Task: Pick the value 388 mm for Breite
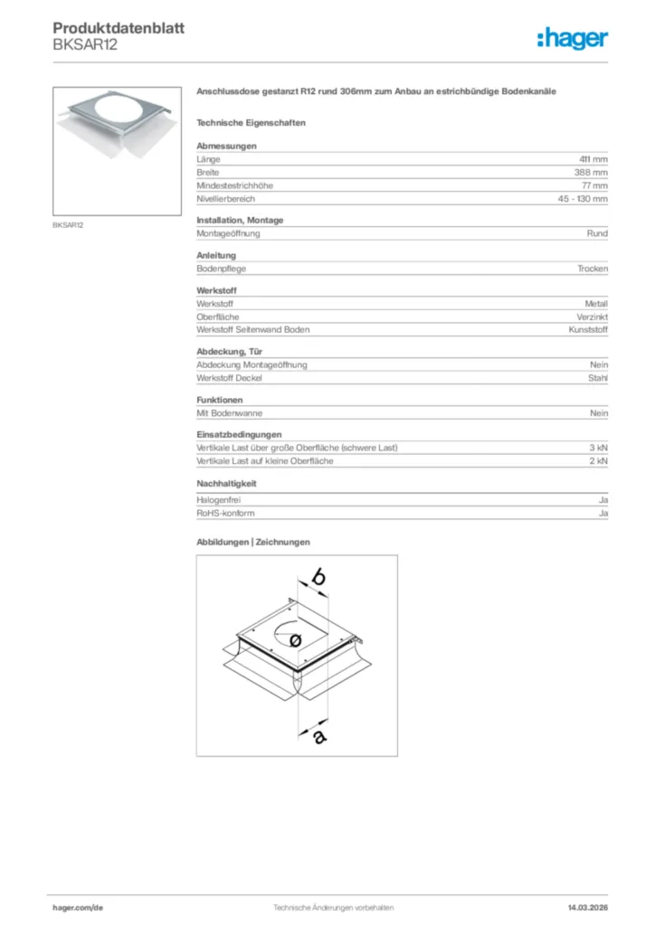click(x=591, y=172)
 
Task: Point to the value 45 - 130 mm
click(x=583, y=199)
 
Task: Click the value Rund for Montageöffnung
click(x=597, y=233)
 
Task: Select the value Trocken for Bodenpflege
click(x=593, y=269)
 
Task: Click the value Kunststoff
click(x=588, y=330)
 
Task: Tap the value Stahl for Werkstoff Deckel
click(x=598, y=378)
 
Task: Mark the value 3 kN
click(x=598, y=448)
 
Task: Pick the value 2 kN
click(x=598, y=461)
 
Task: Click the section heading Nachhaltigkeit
click(x=223, y=484)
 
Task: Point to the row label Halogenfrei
click(x=219, y=500)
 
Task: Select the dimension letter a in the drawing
click(x=318, y=736)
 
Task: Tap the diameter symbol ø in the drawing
click(x=296, y=639)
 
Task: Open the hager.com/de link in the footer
click(x=78, y=907)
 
